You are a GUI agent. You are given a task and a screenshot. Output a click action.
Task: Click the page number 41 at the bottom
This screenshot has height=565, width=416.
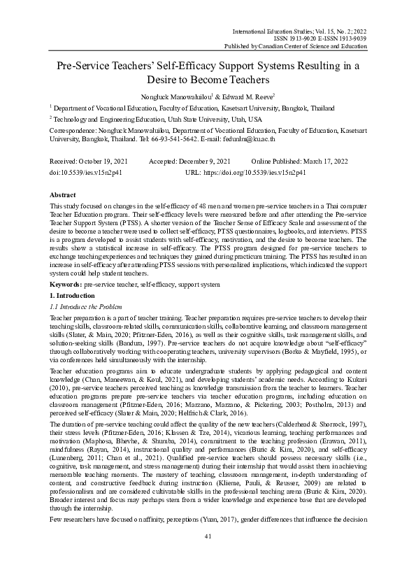(208, 536)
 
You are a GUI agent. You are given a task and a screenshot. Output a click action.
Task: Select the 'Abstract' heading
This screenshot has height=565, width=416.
(64, 193)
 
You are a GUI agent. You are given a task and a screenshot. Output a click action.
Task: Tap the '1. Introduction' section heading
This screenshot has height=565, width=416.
(73, 296)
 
